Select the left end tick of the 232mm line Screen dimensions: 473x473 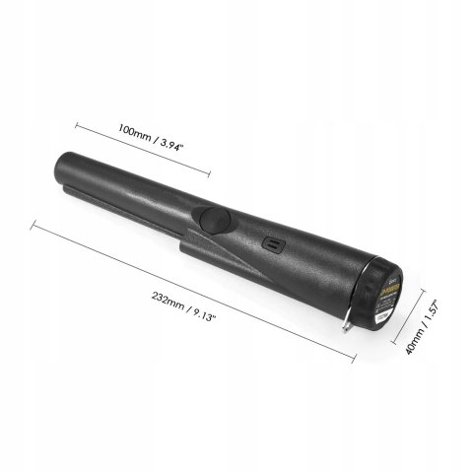[34, 225]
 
